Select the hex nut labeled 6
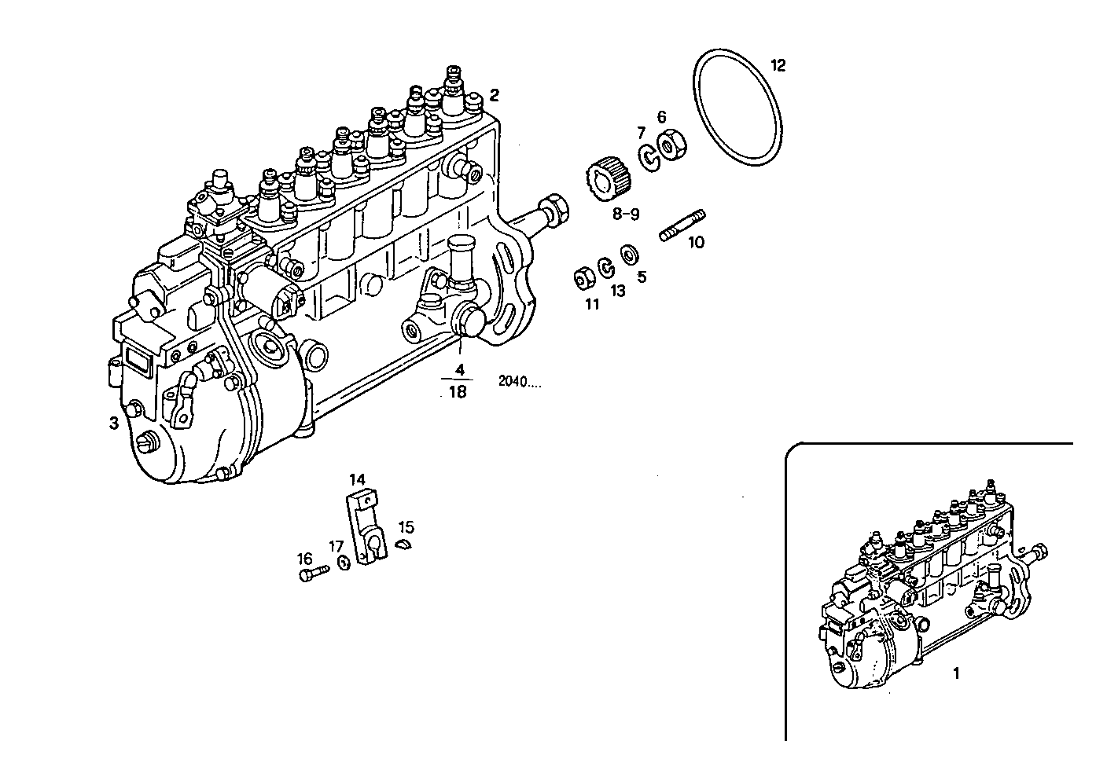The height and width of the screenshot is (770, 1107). point(673,145)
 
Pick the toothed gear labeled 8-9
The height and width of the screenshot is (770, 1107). point(609,180)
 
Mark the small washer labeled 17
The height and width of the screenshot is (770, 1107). point(344,563)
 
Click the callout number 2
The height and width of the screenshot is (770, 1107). point(494,95)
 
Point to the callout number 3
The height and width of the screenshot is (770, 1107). point(114,423)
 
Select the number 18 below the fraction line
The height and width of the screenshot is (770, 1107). point(457,391)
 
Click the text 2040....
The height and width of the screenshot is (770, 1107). point(520,383)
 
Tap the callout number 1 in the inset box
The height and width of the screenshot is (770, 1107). point(956,673)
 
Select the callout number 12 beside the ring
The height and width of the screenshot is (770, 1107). point(777,65)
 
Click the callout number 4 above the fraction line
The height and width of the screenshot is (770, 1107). point(460,368)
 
